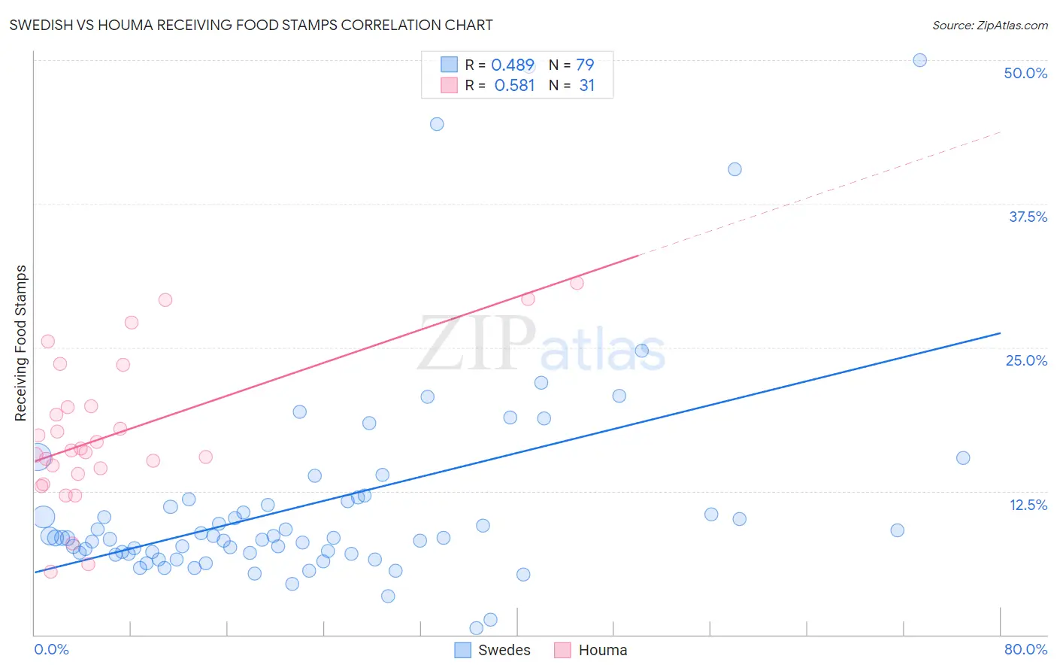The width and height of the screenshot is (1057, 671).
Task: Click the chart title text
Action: (x=251, y=25)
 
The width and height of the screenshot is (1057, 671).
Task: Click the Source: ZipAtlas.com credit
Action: (x=989, y=26)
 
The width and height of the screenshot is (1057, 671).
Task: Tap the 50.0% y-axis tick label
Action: (x=1025, y=73)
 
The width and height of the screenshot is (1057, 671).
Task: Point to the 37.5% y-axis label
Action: (x=1028, y=217)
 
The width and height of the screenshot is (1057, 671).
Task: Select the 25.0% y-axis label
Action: (x=1026, y=360)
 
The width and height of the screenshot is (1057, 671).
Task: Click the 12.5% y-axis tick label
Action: (x=1028, y=505)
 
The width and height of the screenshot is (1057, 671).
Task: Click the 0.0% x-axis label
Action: (x=51, y=649)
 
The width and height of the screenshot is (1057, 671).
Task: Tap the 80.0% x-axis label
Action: (x=1025, y=649)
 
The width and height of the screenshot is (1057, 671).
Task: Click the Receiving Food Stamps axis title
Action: (x=20, y=343)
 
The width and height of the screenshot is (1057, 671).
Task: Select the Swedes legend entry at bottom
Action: (x=493, y=650)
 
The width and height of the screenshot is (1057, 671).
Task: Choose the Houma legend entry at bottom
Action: (x=591, y=650)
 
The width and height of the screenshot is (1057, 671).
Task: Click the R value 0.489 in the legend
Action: (x=513, y=65)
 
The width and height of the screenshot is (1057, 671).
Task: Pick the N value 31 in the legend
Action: (x=586, y=86)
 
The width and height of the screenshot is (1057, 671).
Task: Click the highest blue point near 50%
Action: (x=919, y=60)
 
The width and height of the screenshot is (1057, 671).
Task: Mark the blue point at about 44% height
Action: (x=437, y=124)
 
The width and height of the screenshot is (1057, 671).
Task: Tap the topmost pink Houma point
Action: (x=577, y=283)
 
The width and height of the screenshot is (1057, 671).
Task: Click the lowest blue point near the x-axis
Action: (x=476, y=628)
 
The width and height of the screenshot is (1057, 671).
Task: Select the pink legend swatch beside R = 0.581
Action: (x=449, y=85)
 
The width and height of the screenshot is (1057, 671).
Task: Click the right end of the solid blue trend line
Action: (x=1000, y=332)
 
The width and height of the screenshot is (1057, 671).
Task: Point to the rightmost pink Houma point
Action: (x=577, y=283)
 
